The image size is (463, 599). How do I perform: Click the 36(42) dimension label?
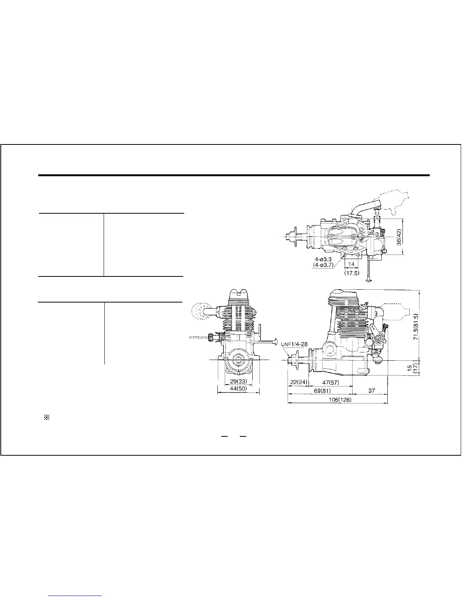pyautogui.click(x=399, y=237)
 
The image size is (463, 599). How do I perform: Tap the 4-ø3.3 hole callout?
pyautogui.click(x=323, y=259)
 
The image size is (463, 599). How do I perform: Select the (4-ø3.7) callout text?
pyautogui.click(x=323, y=265)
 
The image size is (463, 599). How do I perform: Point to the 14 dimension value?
pyautogui.click(x=351, y=264)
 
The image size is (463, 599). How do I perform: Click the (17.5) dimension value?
pyautogui.click(x=352, y=273)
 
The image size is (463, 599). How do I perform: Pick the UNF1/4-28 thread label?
pyautogui.click(x=294, y=344)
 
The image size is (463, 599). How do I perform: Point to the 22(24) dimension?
pyautogui.click(x=299, y=382)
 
